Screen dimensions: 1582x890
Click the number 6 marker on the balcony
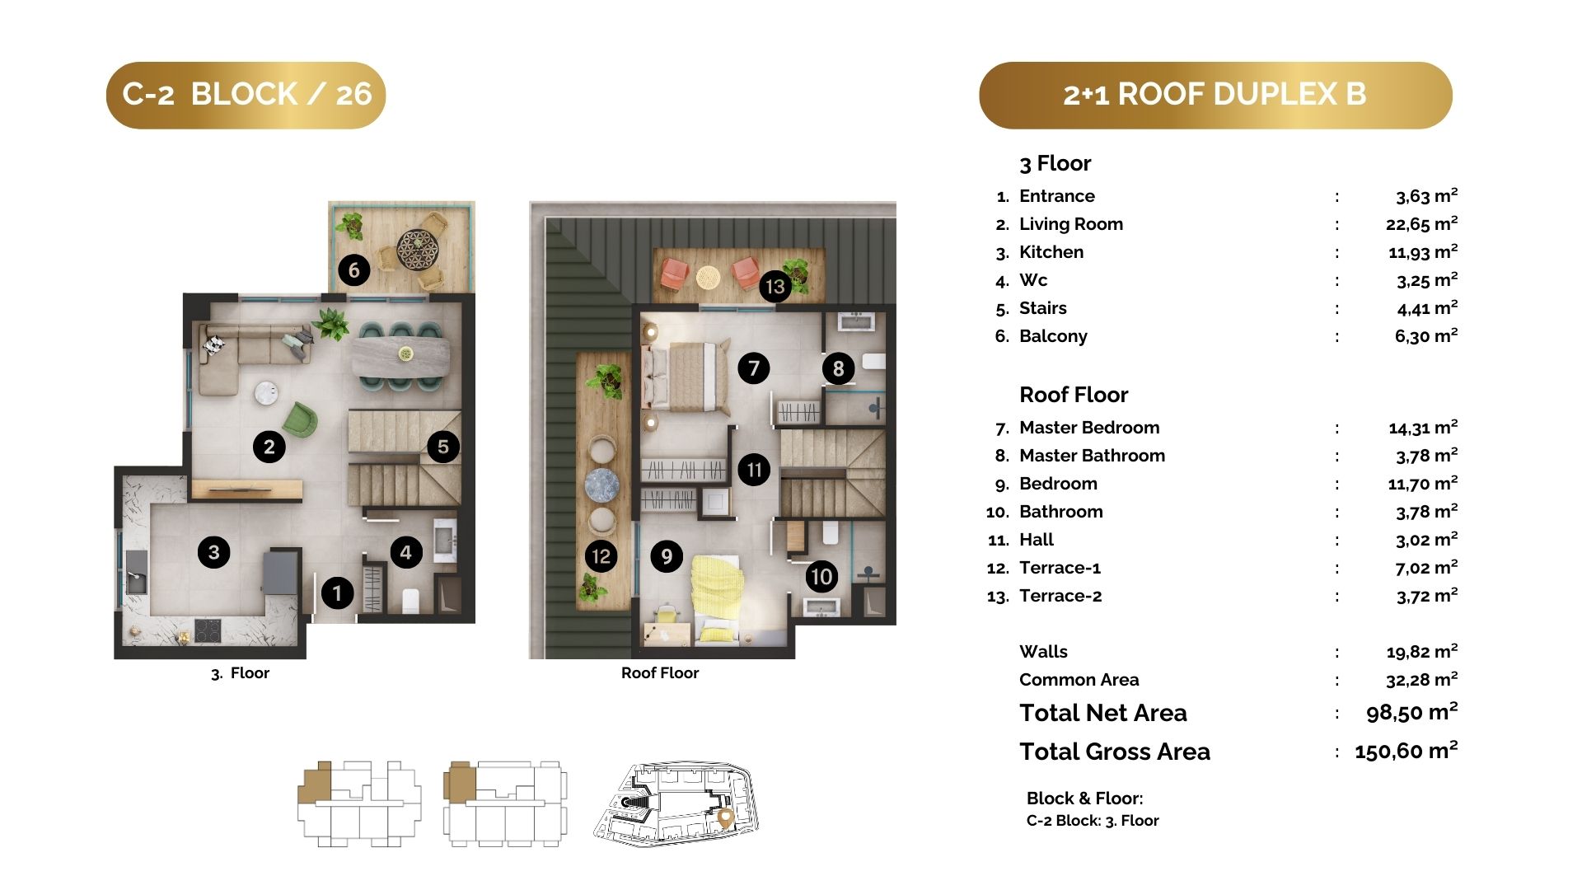(354, 269)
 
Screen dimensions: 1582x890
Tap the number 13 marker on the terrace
(775, 286)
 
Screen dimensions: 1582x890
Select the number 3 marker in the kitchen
(214, 552)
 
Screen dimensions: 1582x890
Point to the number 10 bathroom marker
(821, 576)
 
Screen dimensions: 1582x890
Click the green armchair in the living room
(300, 419)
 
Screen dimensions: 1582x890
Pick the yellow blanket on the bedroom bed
(717, 587)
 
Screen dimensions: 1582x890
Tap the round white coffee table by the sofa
(266, 394)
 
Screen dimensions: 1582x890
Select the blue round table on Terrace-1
(602, 485)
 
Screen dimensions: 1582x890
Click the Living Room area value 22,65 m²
(1421, 223)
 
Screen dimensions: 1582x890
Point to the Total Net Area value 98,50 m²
(1411, 712)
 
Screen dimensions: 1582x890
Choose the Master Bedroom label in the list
(1089, 428)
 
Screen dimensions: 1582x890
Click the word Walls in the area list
(1043, 652)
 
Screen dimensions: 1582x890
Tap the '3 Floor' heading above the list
(1055, 163)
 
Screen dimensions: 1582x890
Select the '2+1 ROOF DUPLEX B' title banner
(1215, 95)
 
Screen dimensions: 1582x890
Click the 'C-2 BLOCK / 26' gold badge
(246, 95)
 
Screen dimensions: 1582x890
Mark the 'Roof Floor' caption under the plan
(660, 673)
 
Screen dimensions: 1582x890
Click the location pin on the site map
(725, 817)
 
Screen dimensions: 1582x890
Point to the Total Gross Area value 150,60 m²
(1406, 751)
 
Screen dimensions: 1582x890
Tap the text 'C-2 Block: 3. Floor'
(1093, 821)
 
